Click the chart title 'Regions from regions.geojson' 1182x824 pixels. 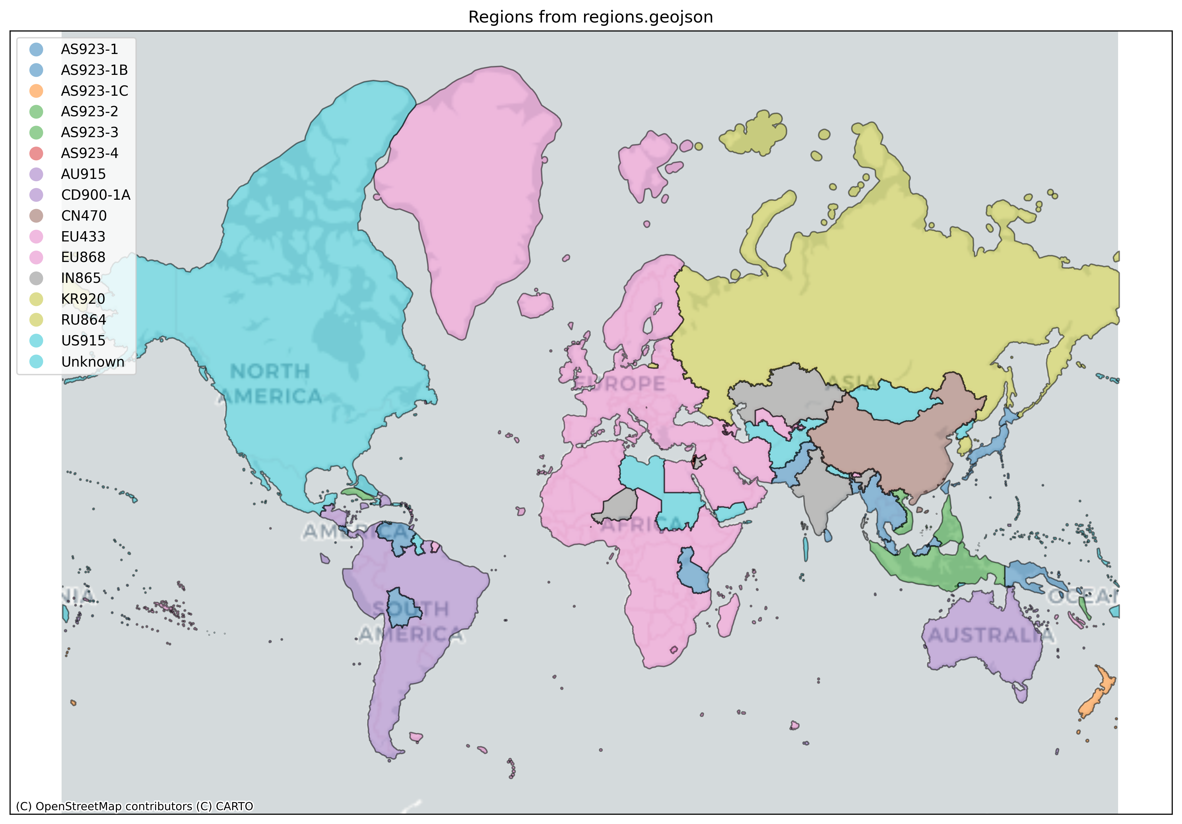590,17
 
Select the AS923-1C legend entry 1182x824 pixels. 94,91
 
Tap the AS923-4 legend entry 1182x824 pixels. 90,153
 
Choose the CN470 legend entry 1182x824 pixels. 84,215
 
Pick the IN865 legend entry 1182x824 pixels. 81,278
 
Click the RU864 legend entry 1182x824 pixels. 83,320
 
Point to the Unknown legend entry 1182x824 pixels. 93,362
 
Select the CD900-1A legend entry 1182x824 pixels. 96,195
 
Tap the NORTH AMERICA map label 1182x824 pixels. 270,384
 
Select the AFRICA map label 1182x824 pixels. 641,525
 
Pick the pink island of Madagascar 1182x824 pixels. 727,615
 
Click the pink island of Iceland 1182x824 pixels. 535,305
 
